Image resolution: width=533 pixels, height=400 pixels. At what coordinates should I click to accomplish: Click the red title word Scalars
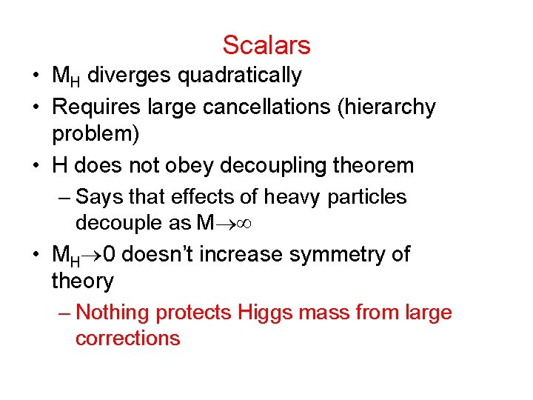(x=266, y=45)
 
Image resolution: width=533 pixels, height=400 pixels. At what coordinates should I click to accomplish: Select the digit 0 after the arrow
(x=109, y=255)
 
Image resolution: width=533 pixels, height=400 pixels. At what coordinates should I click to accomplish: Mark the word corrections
(x=127, y=339)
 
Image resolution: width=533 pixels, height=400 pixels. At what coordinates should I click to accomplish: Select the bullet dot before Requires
(x=36, y=108)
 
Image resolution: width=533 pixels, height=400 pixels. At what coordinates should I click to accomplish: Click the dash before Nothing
(x=64, y=313)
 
